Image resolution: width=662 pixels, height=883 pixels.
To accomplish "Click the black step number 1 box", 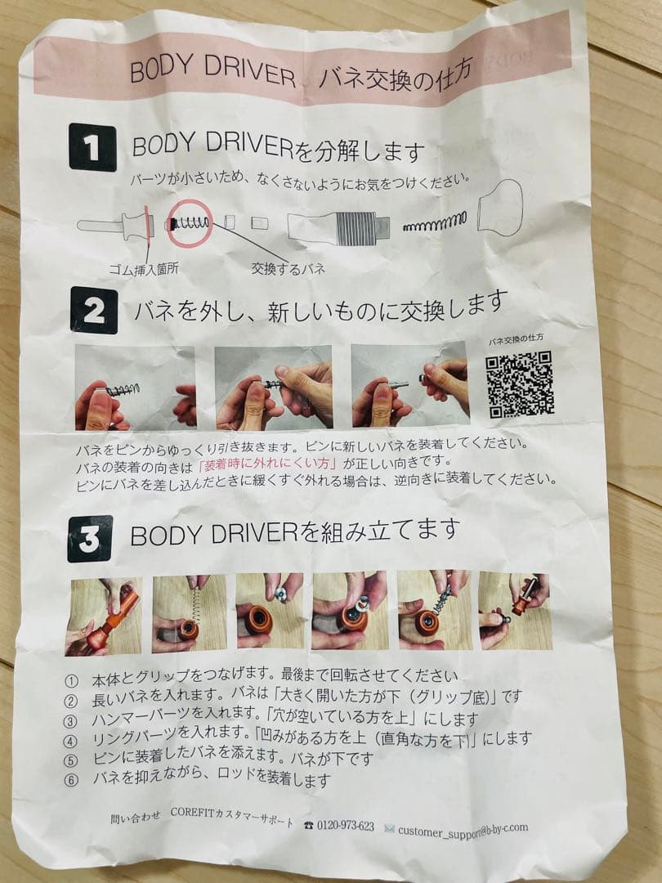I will click(92, 147).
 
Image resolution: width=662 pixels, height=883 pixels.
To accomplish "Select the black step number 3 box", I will click(91, 539).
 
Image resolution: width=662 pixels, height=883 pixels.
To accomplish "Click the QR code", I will click(520, 384).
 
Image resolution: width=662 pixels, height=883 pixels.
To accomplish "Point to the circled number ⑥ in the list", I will click(72, 778).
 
